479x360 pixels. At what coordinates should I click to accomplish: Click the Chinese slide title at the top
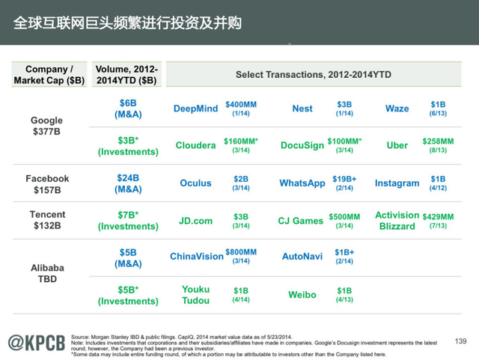coord(128,22)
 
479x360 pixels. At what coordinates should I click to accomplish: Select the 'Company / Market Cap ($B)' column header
coord(49,75)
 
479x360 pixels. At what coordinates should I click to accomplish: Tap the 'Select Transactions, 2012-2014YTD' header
coord(314,75)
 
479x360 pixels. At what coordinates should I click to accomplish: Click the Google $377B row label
coord(46,126)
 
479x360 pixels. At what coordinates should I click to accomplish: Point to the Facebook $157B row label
coord(47,184)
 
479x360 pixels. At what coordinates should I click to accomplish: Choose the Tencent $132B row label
coord(47,220)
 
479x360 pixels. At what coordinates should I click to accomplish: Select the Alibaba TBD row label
coord(47,273)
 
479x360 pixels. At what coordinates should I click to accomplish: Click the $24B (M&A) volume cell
coord(128,183)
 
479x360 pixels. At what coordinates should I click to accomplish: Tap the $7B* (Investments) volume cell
coord(128,220)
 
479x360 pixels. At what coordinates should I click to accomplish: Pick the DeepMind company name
coord(195,109)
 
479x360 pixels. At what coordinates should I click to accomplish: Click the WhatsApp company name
coord(302,183)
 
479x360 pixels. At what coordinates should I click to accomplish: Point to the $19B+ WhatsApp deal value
coord(344,183)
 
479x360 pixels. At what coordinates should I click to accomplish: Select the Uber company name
coord(397,145)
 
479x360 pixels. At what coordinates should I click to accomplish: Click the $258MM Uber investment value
coord(438,145)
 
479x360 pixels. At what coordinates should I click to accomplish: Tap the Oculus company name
coord(195,183)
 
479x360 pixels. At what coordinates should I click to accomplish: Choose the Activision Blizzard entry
coord(397,221)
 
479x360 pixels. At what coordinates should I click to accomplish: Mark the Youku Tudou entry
coord(195,295)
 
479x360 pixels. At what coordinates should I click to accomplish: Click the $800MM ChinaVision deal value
coord(241,256)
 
